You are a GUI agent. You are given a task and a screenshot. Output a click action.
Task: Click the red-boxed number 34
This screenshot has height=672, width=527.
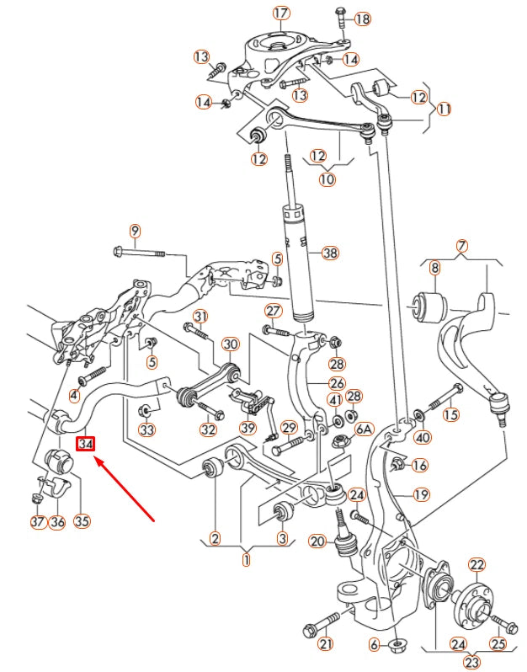(86, 444)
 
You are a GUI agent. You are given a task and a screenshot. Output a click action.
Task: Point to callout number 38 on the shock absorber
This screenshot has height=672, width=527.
(329, 253)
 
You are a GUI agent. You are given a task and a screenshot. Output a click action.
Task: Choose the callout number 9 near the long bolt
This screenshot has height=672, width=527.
(135, 232)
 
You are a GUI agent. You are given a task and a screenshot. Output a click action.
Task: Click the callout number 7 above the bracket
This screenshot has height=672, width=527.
(460, 247)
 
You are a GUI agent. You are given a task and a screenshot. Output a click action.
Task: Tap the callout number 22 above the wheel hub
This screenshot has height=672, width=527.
(476, 564)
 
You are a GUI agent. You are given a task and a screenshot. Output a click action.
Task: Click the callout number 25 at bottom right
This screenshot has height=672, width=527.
(498, 645)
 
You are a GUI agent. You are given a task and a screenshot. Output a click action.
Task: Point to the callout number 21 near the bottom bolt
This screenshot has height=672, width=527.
(326, 645)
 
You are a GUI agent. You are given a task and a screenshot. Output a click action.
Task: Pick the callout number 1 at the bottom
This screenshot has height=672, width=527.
(247, 558)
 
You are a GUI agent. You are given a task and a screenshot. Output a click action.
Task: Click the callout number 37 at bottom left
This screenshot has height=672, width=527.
(37, 522)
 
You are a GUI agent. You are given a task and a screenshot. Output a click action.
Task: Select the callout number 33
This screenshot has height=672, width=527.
(147, 430)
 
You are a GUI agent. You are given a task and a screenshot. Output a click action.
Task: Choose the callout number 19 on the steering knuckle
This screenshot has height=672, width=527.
(420, 494)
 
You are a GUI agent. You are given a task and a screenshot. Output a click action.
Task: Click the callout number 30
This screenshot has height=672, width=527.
(230, 344)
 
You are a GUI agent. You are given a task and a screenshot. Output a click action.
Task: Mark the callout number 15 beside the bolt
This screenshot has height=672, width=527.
(452, 413)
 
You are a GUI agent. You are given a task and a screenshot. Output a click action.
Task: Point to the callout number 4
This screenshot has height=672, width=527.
(75, 395)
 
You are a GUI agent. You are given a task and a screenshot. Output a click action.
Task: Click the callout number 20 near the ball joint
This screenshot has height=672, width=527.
(317, 541)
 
